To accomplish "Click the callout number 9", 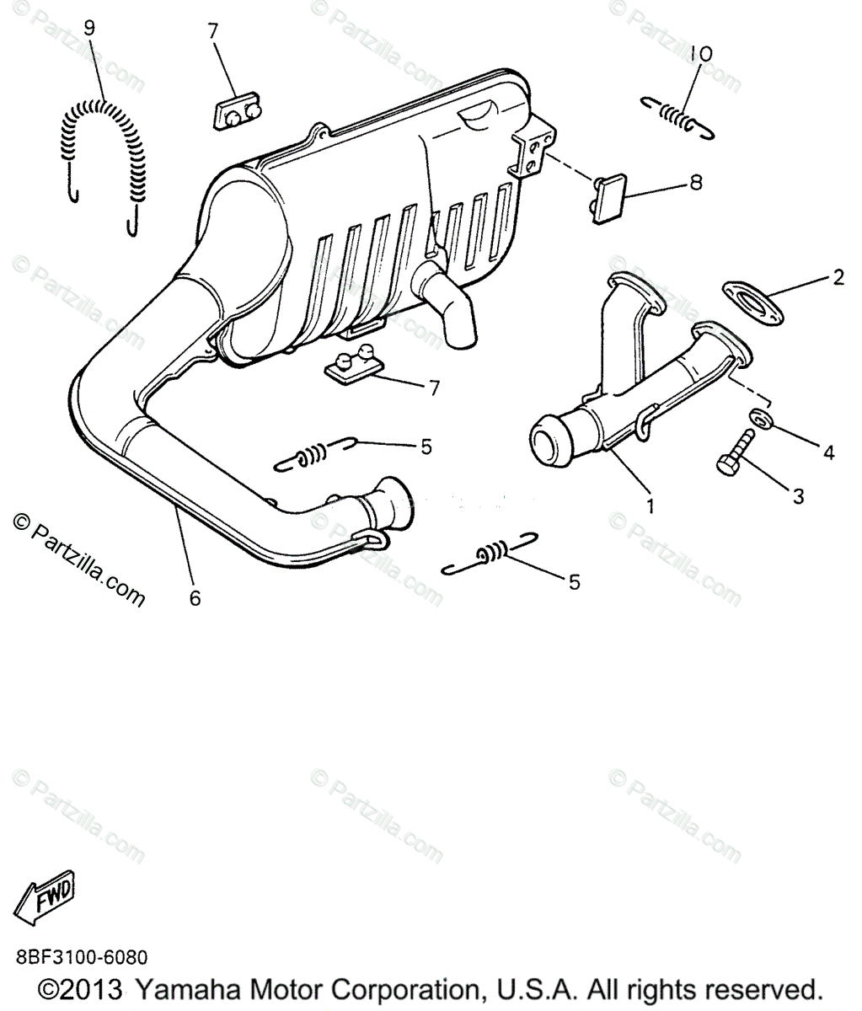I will point(88,28).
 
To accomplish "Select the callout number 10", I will point(700,54).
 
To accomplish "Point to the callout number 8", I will point(695,182).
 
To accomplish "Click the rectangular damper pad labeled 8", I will point(608,199).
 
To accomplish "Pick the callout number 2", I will point(838,276).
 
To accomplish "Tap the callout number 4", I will point(828,452).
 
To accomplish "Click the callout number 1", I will point(650,506).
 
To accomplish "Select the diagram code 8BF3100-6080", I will point(81,957).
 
